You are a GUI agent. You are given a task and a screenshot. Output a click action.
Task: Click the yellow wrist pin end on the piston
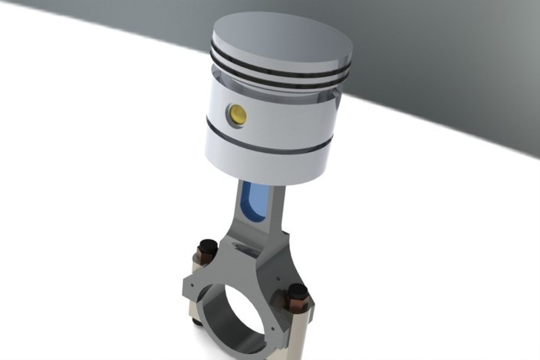tap(237, 114)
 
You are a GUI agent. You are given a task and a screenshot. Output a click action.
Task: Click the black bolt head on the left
tap(206, 249)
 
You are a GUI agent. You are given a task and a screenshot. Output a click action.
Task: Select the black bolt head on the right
tap(298, 292)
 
